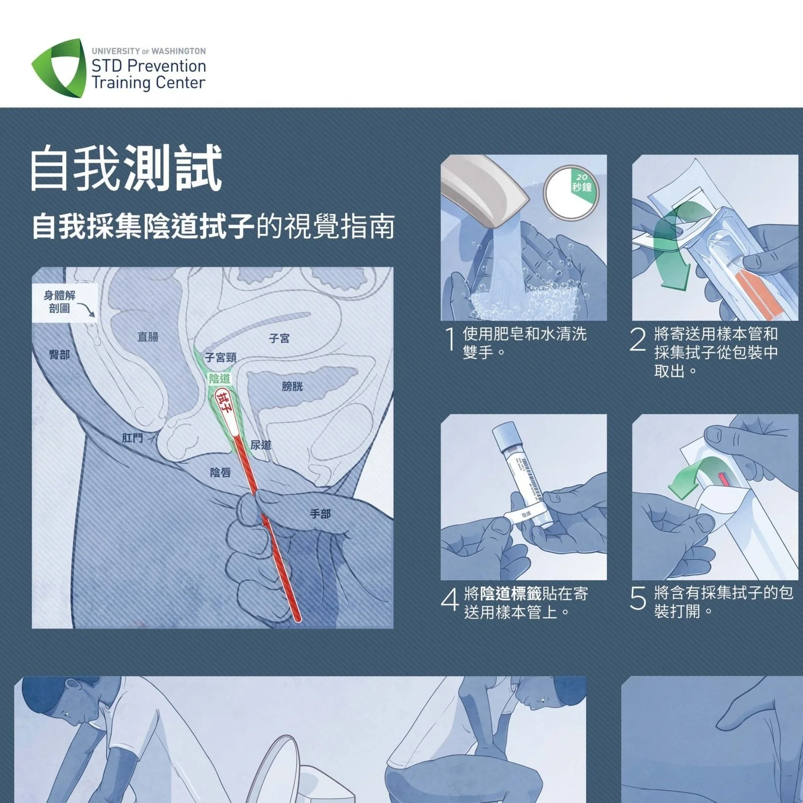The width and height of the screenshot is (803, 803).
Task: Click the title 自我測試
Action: click(126, 168)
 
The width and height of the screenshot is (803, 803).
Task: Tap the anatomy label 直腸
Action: click(148, 337)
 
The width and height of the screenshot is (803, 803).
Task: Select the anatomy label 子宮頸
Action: click(220, 358)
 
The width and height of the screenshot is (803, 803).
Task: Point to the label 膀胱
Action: click(292, 386)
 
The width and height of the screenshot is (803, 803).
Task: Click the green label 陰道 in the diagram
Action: click(219, 379)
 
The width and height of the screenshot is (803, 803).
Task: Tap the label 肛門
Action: click(132, 438)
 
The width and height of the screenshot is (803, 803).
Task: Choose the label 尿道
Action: click(261, 445)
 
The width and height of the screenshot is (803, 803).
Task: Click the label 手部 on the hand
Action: click(320, 514)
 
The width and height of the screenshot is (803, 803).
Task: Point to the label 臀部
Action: click(59, 354)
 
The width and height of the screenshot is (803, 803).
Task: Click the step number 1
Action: click(451, 340)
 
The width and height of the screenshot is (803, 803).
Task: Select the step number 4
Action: click(450, 600)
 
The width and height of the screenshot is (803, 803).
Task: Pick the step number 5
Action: click(638, 599)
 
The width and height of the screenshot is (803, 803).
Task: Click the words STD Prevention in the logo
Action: click(149, 66)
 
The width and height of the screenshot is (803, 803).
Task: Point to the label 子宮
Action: click(279, 339)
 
